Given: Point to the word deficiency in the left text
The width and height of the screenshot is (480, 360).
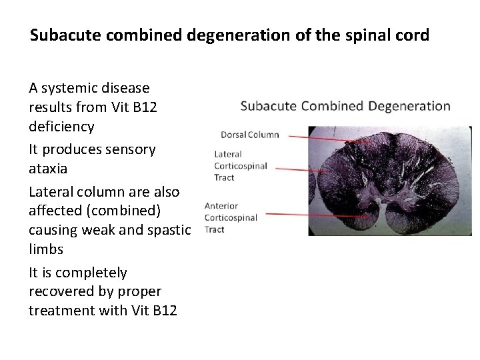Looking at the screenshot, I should [x=61, y=127].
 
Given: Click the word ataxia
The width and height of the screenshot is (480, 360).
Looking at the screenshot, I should [x=48, y=169].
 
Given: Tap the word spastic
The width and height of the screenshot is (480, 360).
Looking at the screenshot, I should [x=169, y=230].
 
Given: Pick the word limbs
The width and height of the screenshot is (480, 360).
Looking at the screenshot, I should [x=46, y=249].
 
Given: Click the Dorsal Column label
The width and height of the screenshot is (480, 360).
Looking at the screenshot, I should [x=249, y=135].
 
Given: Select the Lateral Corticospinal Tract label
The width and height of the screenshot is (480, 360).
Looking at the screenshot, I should [x=240, y=166].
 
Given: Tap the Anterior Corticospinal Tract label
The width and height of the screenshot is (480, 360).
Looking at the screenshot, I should [x=230, y=217].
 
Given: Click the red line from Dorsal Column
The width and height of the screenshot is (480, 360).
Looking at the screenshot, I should [x=327, y=138].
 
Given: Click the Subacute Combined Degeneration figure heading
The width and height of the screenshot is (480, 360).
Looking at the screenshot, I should [x=345, y=106].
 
